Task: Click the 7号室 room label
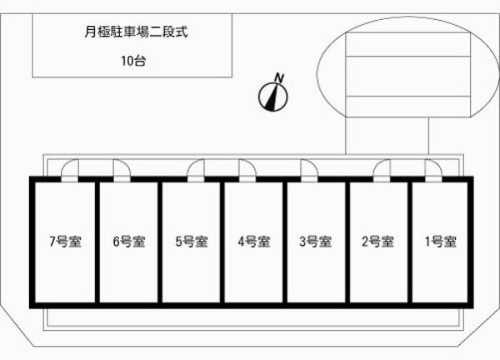pyautogui.click(x=65, y=242)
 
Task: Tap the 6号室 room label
pyautogui.click(x=129, y=242)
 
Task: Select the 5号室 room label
pyautogui.click(x=192, y=242)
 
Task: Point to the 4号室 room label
pyautogui.click(x=254, y=242)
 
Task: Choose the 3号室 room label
pyautogui.click(x=316, y=242)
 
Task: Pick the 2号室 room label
pyautogui.click(x=377, y=242)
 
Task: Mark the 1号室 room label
pyautogui.click(x=441, y=242)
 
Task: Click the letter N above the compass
pyautogui.click(x=279, y=78)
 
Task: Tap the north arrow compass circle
pyautogui.click(x=273, y=97)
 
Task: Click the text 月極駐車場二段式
pyautogui.click(x=136, y=32)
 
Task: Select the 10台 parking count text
pyautogui.click(x=133, y=61)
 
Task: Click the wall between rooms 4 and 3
pyautogui.click(x=285, y=242)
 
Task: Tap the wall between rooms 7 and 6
pyautogui.click(x=97, y=242)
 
